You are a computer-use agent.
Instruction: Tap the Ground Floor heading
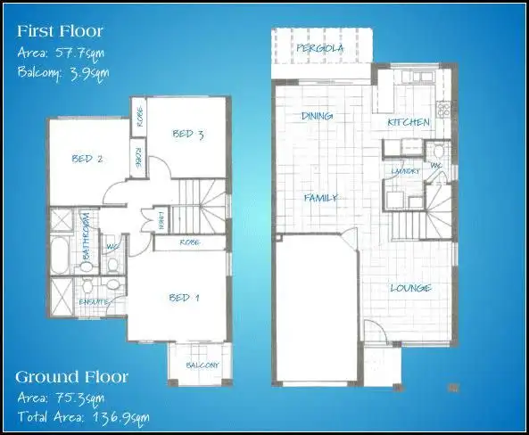71,376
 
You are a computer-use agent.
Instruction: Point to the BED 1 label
185,298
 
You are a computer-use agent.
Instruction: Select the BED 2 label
87,160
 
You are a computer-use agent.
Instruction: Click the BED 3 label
188,135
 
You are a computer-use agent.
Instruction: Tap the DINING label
317,116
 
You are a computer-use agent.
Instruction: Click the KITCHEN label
409,122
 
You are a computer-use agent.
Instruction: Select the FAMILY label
320,198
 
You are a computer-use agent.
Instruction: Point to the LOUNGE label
411,288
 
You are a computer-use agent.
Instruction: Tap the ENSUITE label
93,301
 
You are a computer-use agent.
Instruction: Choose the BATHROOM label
87,235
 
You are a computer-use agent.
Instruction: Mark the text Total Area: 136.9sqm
83,415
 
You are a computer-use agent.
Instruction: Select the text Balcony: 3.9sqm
62,72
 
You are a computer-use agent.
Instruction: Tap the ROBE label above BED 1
189,242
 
